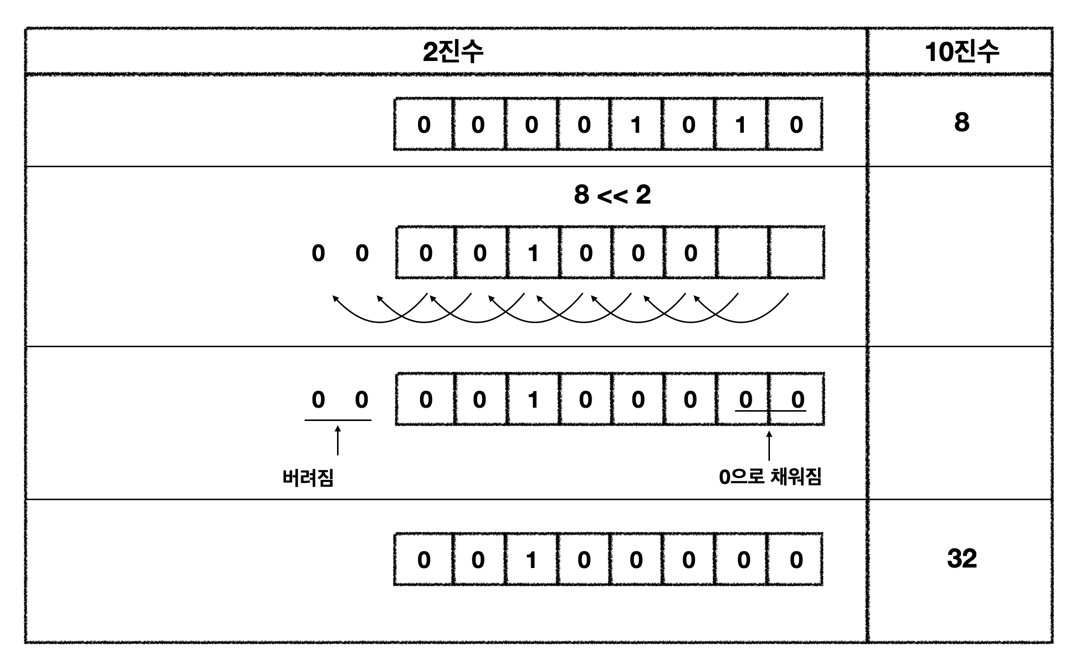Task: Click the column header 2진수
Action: [x=453, y=52]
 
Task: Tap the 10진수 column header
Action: [x=962, y=52]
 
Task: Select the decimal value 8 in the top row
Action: [x=962, y=122]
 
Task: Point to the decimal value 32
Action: [x=962, y=559]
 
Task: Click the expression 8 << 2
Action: [x=612, y=195]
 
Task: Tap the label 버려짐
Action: [x=308, y=478]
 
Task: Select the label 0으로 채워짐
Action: [x=770, y=477]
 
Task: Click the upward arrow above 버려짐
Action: [x=338, y=441]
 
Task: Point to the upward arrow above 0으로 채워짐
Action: [x=769, y=446]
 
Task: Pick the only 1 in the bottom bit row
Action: [x=531, y=560]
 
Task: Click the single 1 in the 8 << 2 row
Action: [x=533, y=253]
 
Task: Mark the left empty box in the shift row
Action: [x=743, y=253]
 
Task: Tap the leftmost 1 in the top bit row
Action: [x=636, y=125]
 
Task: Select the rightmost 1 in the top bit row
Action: [x=740, y=125]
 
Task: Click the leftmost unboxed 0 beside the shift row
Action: [x=318, y=253]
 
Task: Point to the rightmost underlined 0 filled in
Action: [x=797, y=400]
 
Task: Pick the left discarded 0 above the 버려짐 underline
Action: [x=318, y=400]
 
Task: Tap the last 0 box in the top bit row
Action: [x=796, y=125]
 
